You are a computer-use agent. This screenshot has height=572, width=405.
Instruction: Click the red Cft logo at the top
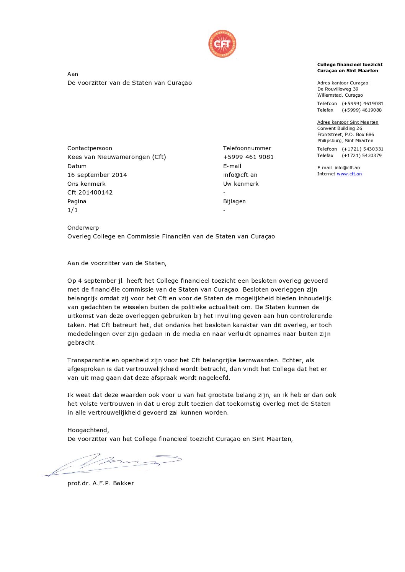(222, 44)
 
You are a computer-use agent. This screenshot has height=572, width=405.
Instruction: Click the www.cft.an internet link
(349, 174)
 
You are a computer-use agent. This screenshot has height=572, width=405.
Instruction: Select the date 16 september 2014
(97, 175)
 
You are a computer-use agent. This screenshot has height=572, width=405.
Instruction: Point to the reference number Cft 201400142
(90, 193)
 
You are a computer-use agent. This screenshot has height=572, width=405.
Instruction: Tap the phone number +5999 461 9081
(248, 157)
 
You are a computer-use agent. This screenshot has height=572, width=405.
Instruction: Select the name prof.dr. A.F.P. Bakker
(100, 483)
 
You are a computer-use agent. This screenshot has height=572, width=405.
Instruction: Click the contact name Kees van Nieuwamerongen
(116, 157)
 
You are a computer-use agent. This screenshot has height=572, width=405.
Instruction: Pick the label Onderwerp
(83, 228)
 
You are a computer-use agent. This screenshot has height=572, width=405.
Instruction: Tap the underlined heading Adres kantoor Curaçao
(343, 83)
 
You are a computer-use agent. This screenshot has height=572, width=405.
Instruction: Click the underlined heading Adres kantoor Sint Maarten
(348, 122)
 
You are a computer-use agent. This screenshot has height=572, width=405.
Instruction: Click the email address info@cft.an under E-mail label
(240, 175)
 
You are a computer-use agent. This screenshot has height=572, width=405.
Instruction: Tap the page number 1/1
(72, 210)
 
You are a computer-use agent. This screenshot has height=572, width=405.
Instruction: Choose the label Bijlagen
(234, 201)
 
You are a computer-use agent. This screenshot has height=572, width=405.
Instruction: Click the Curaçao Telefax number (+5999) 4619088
(361, 110)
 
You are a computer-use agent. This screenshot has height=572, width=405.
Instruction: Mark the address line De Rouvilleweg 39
(338, 89)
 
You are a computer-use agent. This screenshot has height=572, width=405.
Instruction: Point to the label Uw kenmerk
(241, 184)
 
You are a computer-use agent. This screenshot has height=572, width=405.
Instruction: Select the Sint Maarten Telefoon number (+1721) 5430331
(362, 149)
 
